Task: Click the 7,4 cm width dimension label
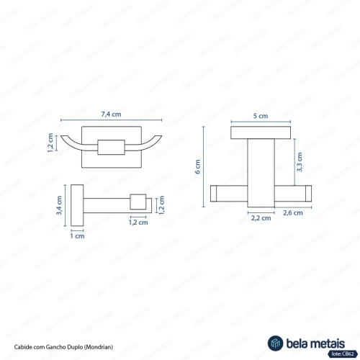coord(111,114)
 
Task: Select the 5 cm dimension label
coord(261,116)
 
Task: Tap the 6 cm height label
coord(197,166)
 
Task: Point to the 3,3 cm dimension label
coord(300,162)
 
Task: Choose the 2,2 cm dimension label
coord(261,218)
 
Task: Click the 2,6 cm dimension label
coord(293,212)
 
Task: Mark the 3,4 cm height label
coord(59,205)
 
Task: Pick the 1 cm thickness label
coord(77,236)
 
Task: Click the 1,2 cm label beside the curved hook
coord(50,143)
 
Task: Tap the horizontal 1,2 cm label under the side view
coord(138,222)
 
